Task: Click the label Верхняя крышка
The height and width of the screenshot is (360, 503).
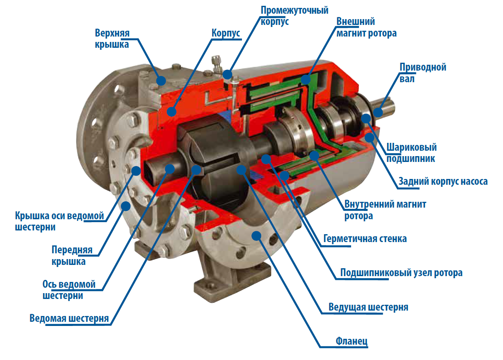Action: point(112,39)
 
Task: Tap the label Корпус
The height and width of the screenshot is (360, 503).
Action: point(226,33)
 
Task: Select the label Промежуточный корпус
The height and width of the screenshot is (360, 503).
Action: point(294,16)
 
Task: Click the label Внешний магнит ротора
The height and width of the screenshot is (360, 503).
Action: point(366,27)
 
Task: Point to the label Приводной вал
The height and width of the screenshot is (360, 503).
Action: point(423,73)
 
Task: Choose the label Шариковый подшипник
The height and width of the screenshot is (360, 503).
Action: point(411,153)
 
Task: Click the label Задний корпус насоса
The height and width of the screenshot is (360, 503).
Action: point(443,181)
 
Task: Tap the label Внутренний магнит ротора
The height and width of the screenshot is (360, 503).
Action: point(385,210)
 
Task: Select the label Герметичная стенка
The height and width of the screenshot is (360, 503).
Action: point(365,238)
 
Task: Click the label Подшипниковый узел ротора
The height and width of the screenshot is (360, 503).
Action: point(401,273)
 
